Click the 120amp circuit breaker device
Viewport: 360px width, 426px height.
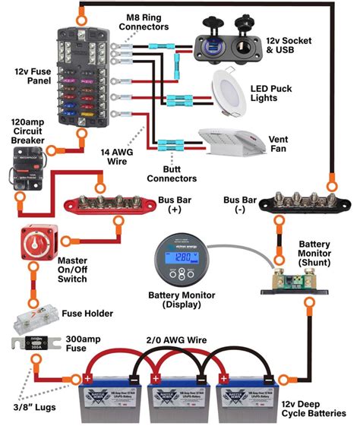pyautogui.click(x=29, y=168)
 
